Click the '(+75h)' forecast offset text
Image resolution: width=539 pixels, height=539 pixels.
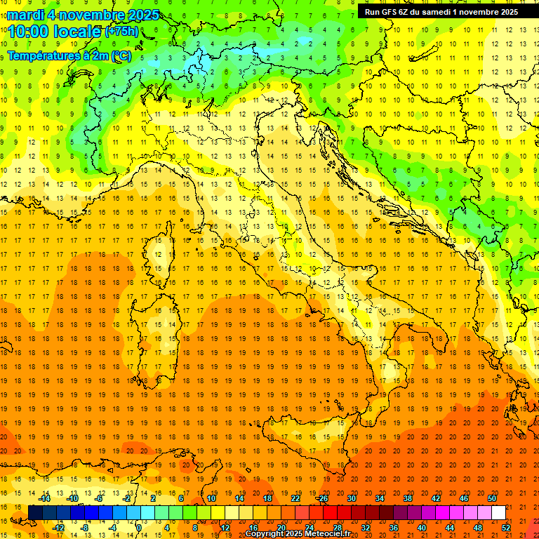pyautogui.click(x=121, y=32)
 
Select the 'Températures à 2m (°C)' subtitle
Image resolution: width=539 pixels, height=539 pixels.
pyautogui.click(x=69, y=56)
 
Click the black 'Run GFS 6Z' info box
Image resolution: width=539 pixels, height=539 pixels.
pyautogui.click(x=441, y=11)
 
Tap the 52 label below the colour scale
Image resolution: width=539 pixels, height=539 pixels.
pyautogui.click(x=506, y=527)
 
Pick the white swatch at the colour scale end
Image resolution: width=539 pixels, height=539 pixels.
pyautogui.click(x=498, y=512)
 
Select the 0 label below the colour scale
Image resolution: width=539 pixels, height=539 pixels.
pyautogui.click(x=140, y=527)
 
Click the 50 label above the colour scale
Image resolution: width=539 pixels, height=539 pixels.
pyautogui.click(x=492, y=498)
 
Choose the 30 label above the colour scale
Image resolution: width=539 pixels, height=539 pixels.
pyautogui.click(x=352, y=498)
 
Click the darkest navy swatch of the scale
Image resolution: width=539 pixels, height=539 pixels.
pyautogui.click(x=35, y=512)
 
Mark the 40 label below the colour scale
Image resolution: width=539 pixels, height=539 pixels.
pyautogui.click(x=421, y=527)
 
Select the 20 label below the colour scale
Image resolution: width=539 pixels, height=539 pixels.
pyautogui.click(x=281, y=527)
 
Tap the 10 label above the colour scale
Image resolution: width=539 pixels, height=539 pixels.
pyautogui.click(x=211, y=498)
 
